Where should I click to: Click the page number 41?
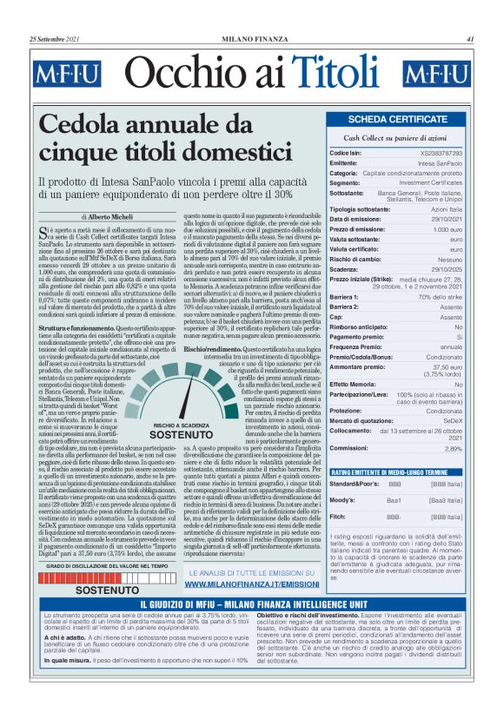(x=469, y=38)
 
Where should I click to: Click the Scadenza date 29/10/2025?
(x=447, y=269)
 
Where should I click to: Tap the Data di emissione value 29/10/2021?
(x=447, y=221)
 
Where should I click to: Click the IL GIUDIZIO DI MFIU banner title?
(x=251, y=579)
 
